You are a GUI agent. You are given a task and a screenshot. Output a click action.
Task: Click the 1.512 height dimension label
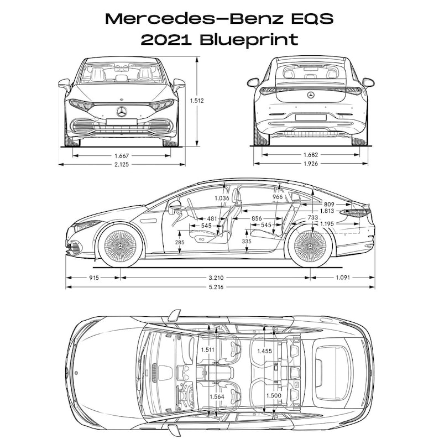coord(197,101)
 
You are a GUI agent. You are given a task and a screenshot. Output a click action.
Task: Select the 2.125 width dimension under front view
coord(122,164)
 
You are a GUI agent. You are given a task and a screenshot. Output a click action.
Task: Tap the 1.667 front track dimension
coord(122,156)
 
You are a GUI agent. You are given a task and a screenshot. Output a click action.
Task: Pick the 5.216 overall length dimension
coord(220,286)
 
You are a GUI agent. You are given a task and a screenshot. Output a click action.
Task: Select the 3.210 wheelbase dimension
coord(220,277)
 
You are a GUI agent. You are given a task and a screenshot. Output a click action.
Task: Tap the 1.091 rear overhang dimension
coord(343,277)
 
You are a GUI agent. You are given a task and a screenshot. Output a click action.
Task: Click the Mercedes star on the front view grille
coord(122,112)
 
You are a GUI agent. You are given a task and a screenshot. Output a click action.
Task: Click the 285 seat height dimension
coord(179,242)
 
